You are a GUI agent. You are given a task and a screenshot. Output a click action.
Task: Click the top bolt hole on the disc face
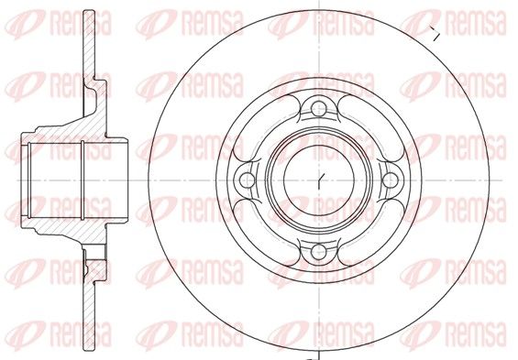(x=319, y=109)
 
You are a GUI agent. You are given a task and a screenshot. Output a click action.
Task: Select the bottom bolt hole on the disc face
(x=319, y=252)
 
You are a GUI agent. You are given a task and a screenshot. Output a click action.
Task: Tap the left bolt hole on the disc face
(x=248, y=180)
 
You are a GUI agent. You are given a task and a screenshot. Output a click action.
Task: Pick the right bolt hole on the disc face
(x=391, y=180)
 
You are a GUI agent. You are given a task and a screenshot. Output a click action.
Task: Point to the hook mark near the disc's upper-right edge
(x=435, y=33)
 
